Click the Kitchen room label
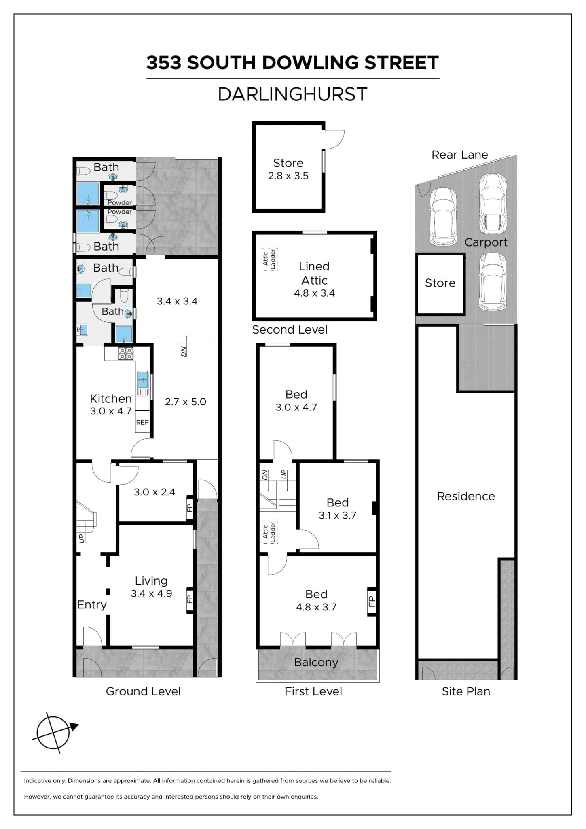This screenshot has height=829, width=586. [x=111, y=399]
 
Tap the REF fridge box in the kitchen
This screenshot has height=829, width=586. [x=142, y=422]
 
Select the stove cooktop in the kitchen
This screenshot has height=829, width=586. [x=125, y=354]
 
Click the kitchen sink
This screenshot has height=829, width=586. [x=143, y=383]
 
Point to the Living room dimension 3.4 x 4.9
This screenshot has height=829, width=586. [x=151, y=593]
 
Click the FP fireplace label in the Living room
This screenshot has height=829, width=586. [x=189, y=598]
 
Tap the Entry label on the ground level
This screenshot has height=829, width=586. [x=92, y=605]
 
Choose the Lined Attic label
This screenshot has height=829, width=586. [x=314, y=273]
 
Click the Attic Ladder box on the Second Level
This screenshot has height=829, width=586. [x=269, y=259]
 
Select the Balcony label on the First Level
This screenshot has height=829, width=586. [x=316, y=662]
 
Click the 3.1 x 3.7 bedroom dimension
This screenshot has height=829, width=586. [x=337, y=515]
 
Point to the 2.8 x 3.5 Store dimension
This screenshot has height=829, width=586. [x=288, y=176]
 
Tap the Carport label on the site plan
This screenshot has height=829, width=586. [x=486, y=242]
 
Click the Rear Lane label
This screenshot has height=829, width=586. [x=459, y=155]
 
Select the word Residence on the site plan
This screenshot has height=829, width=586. [x=466, y=496]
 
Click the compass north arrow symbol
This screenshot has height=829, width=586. [x=54, y=732]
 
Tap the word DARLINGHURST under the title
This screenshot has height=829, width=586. [x=292, y=94]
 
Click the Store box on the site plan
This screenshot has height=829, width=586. [x=440, y=284]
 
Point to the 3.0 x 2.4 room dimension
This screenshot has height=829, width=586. [x=154, y=492]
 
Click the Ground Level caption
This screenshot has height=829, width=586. [x=143, y=691]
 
